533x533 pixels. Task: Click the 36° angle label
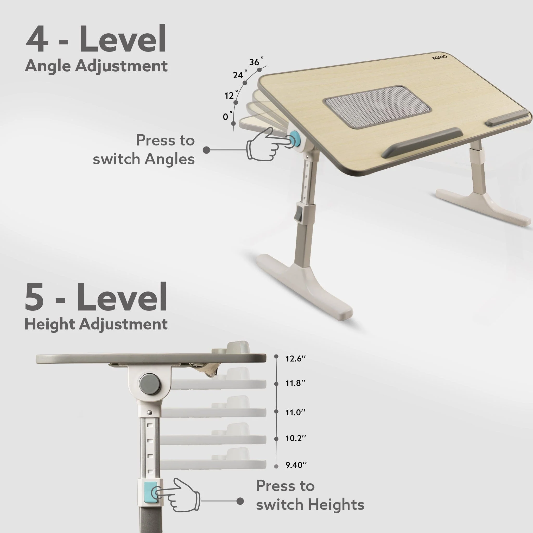pos(256,62)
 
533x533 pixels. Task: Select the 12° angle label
pos(231,95)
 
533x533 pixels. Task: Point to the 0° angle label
pos(227,116)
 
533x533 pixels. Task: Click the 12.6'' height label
pos(295,359)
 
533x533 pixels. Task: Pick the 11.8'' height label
pos(295,383)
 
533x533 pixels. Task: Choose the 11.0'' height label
pos(295,413)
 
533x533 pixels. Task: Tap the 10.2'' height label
pos(295,438)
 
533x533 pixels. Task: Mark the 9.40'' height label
pos(296,465)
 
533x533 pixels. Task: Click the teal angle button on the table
pos(296,139)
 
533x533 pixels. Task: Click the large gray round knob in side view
pos(150,384)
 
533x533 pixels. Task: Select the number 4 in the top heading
pos(37,38)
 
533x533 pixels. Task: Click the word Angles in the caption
pos(169,160)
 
